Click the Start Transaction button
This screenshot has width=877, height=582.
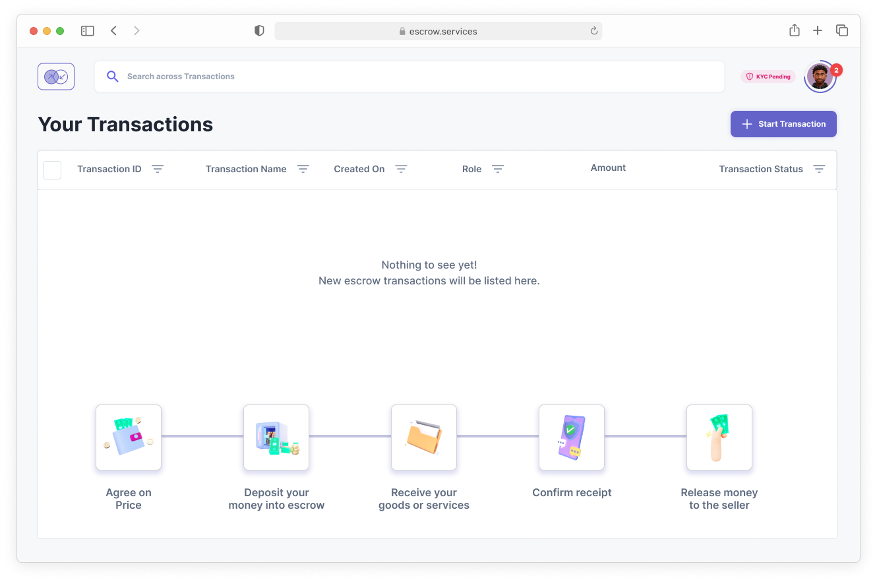coord(783,124)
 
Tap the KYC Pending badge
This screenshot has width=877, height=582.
coord(768,77)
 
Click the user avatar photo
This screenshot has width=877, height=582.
coord(820,77)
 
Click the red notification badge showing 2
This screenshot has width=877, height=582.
coord(836,70)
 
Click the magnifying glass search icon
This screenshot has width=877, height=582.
coord(112,76)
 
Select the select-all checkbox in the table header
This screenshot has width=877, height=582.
coord(52,170)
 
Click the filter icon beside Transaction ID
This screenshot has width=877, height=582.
coord(158,169)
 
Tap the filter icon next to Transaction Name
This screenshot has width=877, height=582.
coord(303,169)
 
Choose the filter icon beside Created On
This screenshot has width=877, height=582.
coord(401,169)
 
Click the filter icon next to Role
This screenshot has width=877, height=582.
coord(498,169)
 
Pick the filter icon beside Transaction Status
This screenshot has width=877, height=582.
coord(819,169)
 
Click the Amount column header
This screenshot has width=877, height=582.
coord(608,168)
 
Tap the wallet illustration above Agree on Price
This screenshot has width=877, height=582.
coord(129,437)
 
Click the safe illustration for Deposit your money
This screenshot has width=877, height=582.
coord(276,437)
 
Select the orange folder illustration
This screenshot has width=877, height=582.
coord(424,437)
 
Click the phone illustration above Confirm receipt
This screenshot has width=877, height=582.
coord(572,437)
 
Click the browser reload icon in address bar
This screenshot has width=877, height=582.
coord(594,31)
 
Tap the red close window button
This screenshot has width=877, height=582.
coord(34,31)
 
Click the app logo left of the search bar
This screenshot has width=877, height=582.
coord(56,77)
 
